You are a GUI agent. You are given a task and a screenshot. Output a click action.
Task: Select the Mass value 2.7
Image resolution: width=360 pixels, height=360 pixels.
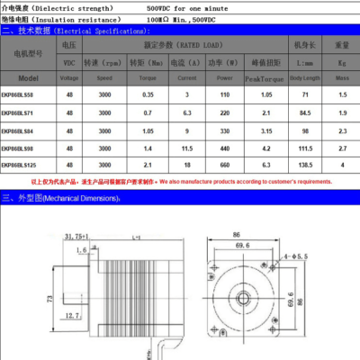pos(340,147)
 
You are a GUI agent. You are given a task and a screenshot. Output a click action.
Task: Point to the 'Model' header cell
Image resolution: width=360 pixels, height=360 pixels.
pos(28,77)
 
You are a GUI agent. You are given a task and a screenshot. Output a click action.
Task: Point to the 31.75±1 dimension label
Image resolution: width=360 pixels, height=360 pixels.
pos(81,237)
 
